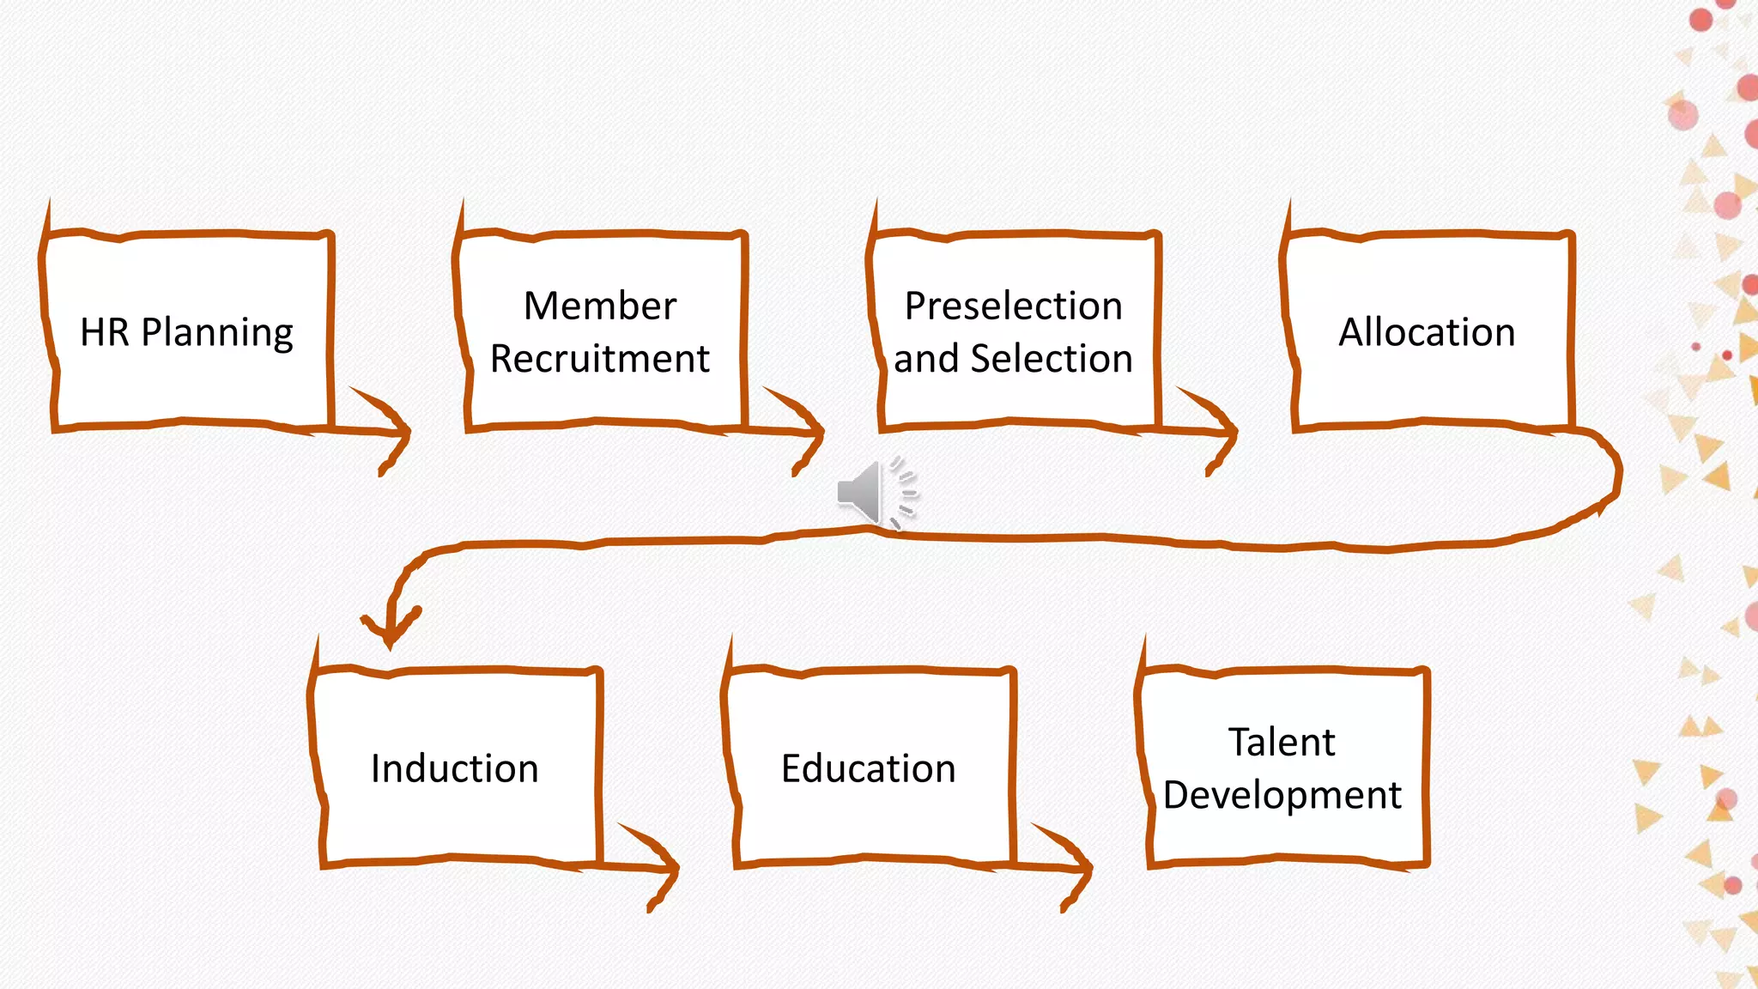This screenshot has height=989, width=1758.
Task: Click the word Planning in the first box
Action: click(x=217, y=333)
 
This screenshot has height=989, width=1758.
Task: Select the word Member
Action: click(x=600, y=306)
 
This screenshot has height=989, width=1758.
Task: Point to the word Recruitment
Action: click(x=600, y=359)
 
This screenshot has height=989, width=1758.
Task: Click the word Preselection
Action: click(x=1014, y=306)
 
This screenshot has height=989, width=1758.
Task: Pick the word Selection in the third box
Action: click(x=1052, y=359)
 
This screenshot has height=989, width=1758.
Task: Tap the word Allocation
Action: click(x=1427, y=332)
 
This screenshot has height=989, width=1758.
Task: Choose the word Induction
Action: click(x=454, y=768)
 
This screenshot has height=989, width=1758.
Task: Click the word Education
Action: click(x=868, y=768)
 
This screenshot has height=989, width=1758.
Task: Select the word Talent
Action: click(x=1282, y=743)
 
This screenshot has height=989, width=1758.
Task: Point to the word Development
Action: click(x=1282, y=795)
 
